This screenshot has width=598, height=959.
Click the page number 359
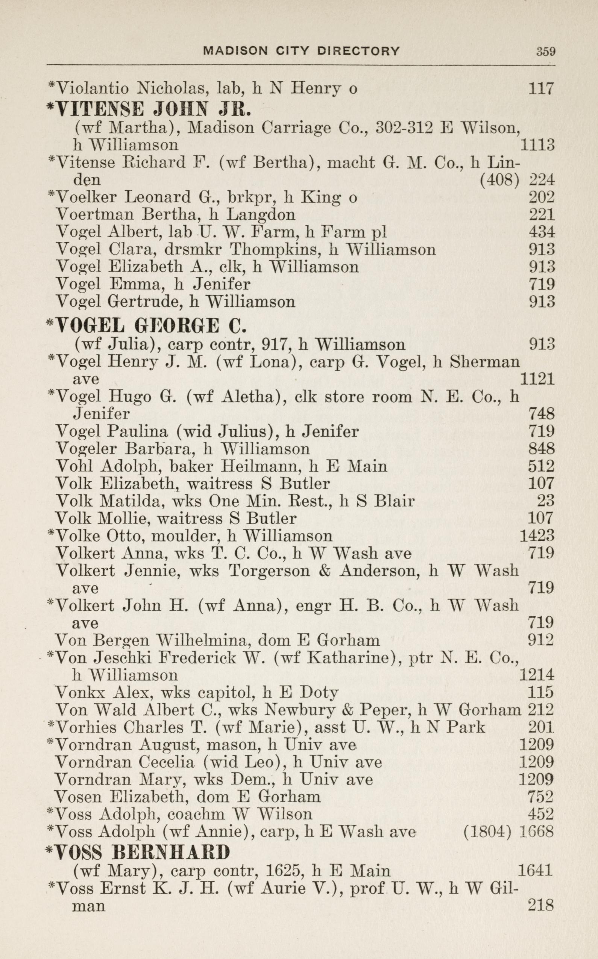pyautogui.click(x=546, y=52)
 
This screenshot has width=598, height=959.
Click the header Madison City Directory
pyautogui.click(x=301, y=51)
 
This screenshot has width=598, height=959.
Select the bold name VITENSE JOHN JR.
pyautogui.click(x=148, y=109)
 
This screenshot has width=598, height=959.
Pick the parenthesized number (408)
pyautogui.click(x=499, y=181)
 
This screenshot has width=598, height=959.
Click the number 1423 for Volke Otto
pyautogui.click(x=537, y=536)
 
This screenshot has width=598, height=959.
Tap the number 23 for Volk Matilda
pyautogui.click(x=545, y=501)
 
